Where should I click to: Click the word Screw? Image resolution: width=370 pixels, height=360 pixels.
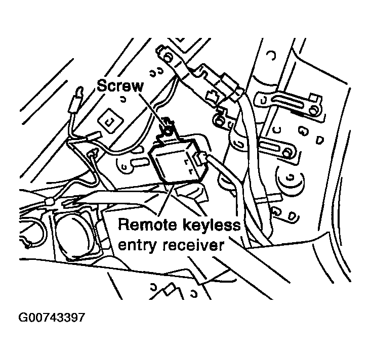click(x=120, y=86)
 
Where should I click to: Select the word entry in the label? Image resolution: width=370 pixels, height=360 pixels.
click(x=136, y=246)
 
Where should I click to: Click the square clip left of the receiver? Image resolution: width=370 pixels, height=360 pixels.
click(x=108, y=120)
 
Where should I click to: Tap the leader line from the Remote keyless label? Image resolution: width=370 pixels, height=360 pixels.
click(x=165, y=200)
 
